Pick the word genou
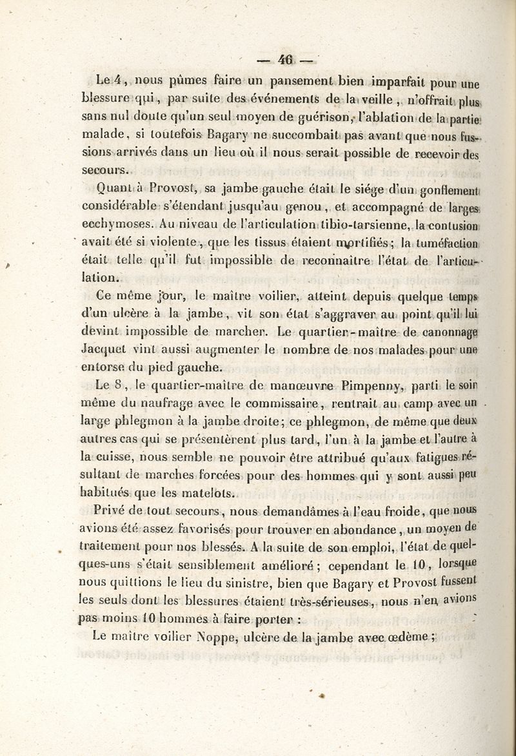tap(287, 207)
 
